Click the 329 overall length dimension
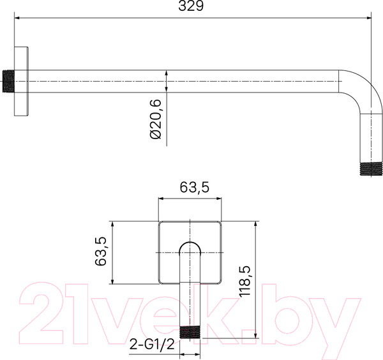(x=191, y=6)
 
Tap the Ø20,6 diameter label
(x=156, y=119)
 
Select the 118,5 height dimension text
(x=245, y=281)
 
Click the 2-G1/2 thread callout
(x=152, y=344)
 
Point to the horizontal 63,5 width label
(x=195, y=188)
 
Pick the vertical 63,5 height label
(x=101, y=251)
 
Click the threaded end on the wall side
(x=8, y=81)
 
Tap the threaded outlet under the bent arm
(x=371, y=169)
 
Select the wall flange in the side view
(x=21, y=81)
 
